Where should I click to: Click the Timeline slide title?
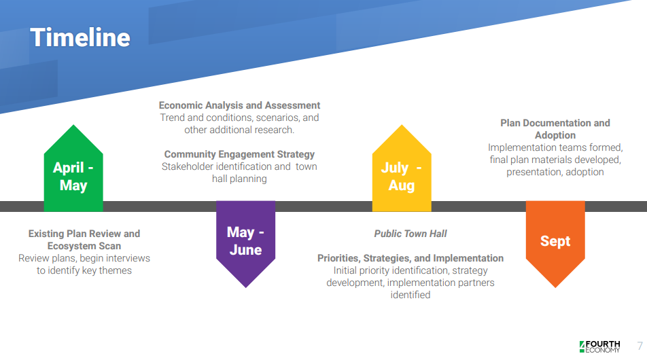click(x=80, y=37)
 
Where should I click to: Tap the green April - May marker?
click(x=73, y=168)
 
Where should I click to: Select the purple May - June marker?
click(x=245, y=244)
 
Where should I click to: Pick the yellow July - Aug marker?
click(x=402, y=168)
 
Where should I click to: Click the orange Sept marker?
click(x=555, y=244)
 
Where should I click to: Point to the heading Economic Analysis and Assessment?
click(x=239, y=105)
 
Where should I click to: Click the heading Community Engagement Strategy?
click(x=239, y=154)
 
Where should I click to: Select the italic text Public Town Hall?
click(x=410, y=234)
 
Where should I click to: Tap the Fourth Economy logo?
click(x=599, y=347)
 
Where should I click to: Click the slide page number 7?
click(x=640, y=346)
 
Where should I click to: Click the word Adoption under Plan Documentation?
click(x=555, y=135)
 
